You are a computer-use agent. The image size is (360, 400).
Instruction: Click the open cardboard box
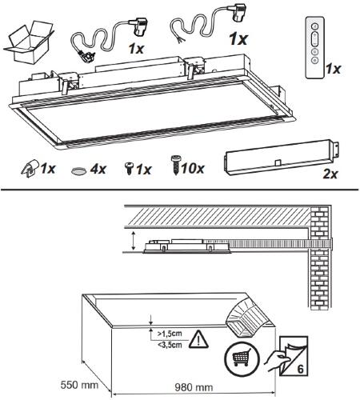click(x=28, y=43)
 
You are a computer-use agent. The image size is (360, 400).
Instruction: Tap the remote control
click(x=315, y=47)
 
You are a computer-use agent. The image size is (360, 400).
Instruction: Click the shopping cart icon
click(x=242, y=357)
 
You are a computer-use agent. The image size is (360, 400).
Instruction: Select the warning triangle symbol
click(x=198, y=339)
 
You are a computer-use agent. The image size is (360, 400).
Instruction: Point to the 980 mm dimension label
click(x=194, y=387)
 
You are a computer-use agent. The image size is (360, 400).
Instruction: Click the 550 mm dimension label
click(x=79, y=385)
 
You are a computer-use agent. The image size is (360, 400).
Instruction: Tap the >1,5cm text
click(x=170, y=334)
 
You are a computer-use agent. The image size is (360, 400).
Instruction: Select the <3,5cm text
click(x=170, y=345)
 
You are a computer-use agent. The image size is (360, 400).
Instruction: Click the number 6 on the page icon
click(x=300, y=369)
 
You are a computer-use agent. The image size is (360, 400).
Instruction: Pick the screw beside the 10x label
click(x=176, y=166)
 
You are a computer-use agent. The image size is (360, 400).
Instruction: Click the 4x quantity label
click(x=98, y=169)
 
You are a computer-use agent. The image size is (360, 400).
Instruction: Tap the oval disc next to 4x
click(x=78, y=170)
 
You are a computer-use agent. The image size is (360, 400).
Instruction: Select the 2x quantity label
click(x=330, y=174)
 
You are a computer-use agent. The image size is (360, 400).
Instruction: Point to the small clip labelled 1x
click(x=30, y=169)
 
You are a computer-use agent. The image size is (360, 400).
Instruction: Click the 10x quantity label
click(x=193, y=169)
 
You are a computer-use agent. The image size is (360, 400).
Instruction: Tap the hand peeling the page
click(x=277, y=361)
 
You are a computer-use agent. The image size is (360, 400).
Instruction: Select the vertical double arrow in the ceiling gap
click(x=134, y=241)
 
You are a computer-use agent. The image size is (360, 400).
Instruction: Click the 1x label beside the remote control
click(x=334, y=69)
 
